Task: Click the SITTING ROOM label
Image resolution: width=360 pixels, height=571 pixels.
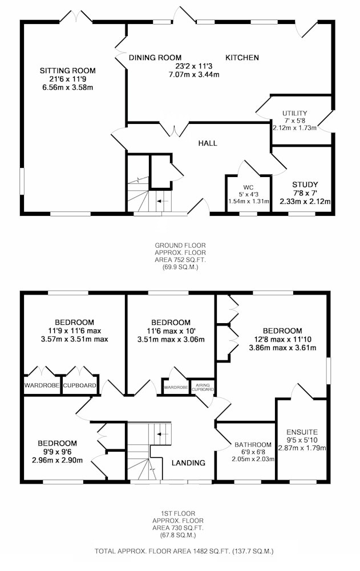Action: pyautogui.click(x=68, y=71)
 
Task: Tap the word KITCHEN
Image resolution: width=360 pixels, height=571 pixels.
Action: pyautogui.click(x=242, y=58)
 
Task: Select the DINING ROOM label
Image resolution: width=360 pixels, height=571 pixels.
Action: pyautogui.click(x=155, y=58)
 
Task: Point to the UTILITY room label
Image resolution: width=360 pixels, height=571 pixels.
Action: pyautogui.click(x=294, y=113)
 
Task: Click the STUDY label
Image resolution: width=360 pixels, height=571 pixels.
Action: pyautogui.click(x=305, y=184)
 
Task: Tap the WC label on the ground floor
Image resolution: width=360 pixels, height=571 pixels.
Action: pyautogui.click(x=249, y=187)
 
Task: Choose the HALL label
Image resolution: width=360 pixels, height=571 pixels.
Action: pyautogui.click(x=208, y=143)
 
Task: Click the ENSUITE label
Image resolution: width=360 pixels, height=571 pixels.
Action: pyautogui.click(x=302, y=432)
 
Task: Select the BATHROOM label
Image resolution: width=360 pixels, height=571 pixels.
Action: pyautogui.click(x=253, y=445)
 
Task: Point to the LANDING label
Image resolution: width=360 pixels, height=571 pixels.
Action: pyautogui.click(x=188, y=463)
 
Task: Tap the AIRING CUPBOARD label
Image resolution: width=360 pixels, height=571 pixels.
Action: pyautogui.click(x=203, y=387)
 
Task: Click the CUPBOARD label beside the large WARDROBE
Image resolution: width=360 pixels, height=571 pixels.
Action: pyautogui.click(x=80, y=385)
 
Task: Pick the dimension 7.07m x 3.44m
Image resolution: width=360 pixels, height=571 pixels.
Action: pyautogui.click(x=193, y=75)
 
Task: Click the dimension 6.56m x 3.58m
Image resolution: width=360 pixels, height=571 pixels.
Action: pyautogui.click(x=68, y=87)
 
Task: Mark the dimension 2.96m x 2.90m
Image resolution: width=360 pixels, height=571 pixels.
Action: pyautogui.click(x=57, y=460)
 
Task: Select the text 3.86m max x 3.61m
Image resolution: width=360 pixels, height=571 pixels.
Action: pyautogui.click(x=282, y=348)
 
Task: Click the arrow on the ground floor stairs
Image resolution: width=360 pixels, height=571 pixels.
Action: pyautogui.click(x=163, y=201)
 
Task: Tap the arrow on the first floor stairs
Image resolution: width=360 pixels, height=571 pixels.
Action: pyautogui.click(x=163, y=434)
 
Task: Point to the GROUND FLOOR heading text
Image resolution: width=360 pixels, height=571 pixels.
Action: pyautogui.click(x=180, y=246)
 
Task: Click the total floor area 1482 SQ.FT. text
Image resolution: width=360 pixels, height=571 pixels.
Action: pyautogui.click(x=184, y=552)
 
